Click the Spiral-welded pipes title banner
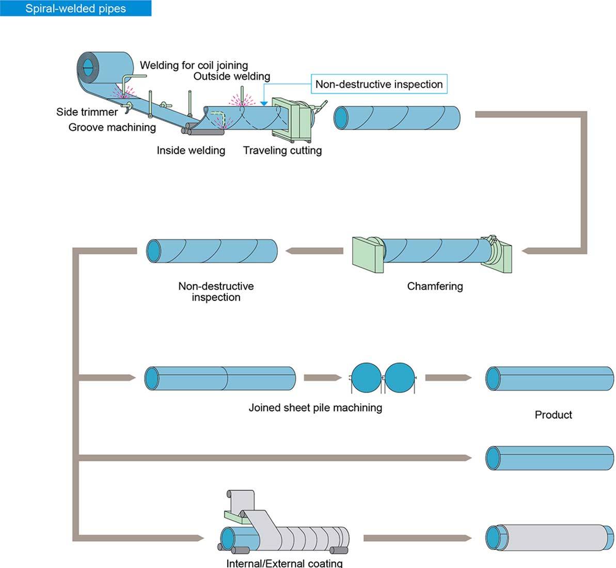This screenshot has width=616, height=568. point(75,8)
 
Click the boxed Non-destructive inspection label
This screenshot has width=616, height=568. point(379,84)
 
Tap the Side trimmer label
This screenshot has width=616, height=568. point(87,112)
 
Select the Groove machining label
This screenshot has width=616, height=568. point(112,127)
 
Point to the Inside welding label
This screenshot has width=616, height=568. point(191,150)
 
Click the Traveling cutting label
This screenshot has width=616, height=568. point(282,150)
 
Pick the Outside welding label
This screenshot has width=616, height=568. point(232,76)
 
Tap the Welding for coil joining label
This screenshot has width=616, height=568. point(194,65)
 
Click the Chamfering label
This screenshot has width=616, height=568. point(435,287)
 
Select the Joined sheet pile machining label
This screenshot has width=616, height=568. point(315,408)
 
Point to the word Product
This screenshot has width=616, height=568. point(554,415)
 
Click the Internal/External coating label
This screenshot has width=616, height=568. point(285,563)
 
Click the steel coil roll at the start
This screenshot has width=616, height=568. point(105,67)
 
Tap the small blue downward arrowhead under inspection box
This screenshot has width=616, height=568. point(264,103)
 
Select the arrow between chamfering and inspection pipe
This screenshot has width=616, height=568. point(314,250)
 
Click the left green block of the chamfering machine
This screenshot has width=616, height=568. point(368,255)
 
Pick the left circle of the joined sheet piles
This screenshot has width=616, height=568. point(366,377)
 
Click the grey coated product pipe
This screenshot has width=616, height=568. point(549,538)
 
